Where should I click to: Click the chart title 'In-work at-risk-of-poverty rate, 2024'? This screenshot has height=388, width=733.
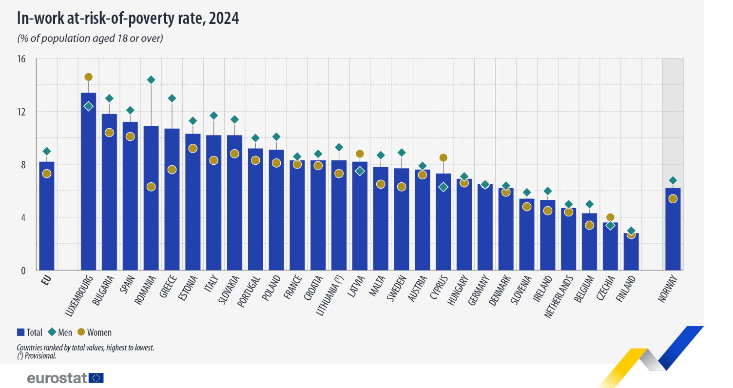click(x=128, y=18)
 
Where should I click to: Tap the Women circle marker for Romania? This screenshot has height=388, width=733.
click(x=151, y=187)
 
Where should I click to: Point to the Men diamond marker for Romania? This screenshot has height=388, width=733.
click(x=151, y=80)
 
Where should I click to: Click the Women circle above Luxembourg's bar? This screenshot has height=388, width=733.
click(x=88, y=77)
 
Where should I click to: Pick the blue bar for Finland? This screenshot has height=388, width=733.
click(x=631, y=251)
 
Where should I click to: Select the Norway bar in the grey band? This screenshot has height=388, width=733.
click(x=673, y=229)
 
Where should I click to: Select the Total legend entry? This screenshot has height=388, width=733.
click(x=29, y=332)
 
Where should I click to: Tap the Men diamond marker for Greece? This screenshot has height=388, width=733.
click(x=172, y=98)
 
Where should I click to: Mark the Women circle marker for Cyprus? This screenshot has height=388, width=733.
click(x=443, y=157)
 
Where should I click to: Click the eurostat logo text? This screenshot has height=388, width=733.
click(x=57, y=378)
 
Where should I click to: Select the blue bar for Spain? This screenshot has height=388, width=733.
click(x=130, y=195)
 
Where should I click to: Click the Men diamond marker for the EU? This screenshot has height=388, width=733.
click(x=47, y=151)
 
